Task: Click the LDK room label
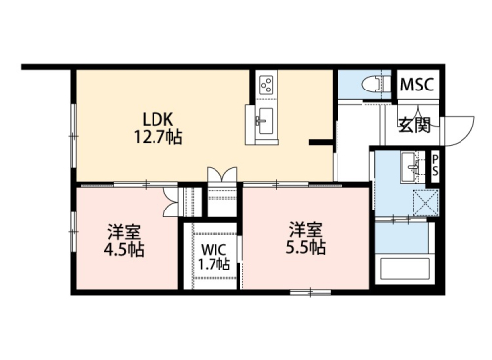[158, 119]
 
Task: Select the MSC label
[416, 85]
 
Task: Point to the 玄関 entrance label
[414, 124]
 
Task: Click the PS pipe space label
[437, 166]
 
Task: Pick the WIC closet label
[214, 248]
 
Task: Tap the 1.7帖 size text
[214, 264]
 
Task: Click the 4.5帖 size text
[125, 250]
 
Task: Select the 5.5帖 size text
[307, 247]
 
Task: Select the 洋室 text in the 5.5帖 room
[306, 230]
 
